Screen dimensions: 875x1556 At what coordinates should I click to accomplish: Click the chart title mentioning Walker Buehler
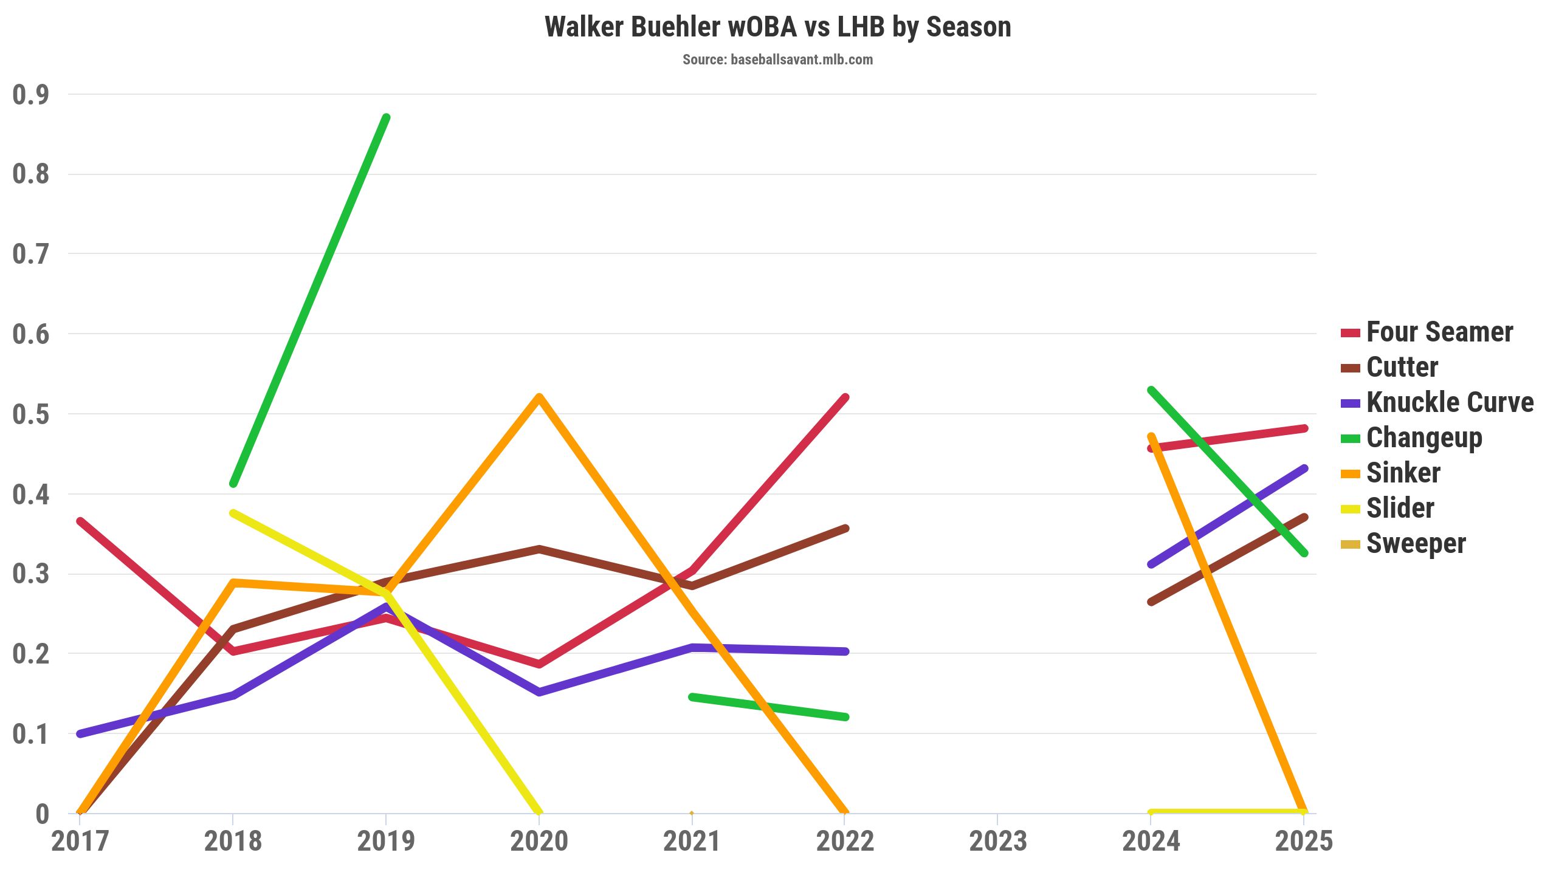[x=777, y=27]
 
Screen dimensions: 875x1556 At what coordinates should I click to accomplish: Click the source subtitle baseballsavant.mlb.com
[x=777, y=60]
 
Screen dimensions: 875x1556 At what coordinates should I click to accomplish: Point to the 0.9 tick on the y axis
[x=30, y=95]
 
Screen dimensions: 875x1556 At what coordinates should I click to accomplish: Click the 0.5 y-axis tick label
[x=30, y=414]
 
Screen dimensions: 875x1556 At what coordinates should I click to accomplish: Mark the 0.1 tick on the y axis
[x=30, y=734]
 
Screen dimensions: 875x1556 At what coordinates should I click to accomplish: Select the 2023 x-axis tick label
[x=998, y=842]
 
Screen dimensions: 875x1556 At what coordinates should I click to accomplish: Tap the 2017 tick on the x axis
[x=80, y=842]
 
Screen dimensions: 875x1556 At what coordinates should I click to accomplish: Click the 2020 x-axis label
[x=539, y=842]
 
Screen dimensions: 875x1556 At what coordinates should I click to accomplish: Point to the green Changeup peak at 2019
[x=386, y=118]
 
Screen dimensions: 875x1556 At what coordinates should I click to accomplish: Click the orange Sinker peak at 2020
[x=539, y=397]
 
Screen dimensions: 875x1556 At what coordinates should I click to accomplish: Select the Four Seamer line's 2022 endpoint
[x=845, y=398]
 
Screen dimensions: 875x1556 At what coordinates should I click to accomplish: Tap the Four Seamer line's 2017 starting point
[x=80, y=521]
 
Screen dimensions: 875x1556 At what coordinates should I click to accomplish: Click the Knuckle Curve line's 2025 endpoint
[x=1304, y=468]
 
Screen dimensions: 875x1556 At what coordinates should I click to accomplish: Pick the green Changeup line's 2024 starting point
[x=1151, y=390]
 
